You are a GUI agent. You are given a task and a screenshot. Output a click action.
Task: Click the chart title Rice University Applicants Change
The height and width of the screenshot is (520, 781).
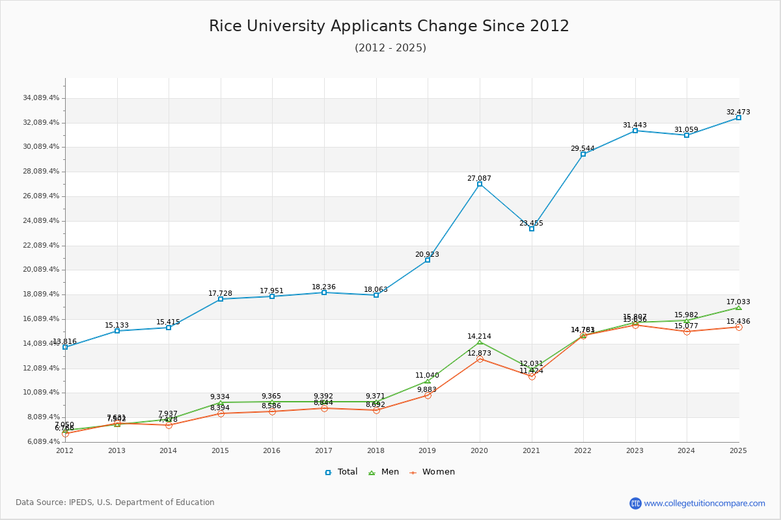[x=389, y=26]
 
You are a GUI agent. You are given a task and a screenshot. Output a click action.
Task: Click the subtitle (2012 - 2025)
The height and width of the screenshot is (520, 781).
[x=390, y=48]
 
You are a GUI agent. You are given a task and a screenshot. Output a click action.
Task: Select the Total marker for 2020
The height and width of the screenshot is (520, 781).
[x=480, y=184]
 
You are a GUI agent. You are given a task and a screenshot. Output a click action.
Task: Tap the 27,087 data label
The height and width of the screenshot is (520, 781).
[x=479, y=178]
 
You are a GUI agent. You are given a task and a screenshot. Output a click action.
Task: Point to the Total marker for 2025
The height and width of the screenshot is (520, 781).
[x=739, y=118]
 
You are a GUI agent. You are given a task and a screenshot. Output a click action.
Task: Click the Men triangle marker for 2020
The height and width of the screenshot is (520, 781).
[x=480, y=343]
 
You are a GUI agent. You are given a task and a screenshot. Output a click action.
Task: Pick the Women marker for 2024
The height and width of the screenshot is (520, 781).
[x=687, y=331]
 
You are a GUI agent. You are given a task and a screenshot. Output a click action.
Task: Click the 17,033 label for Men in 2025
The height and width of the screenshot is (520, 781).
[x=738, y=302]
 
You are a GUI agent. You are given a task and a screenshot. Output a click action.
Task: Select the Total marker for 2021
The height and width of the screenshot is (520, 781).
[x=532, y=229]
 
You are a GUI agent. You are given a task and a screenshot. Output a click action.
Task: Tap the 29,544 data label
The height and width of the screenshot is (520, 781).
[x=582, y=148]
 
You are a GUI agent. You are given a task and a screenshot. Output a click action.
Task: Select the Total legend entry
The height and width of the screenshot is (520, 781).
[x=342, y=472]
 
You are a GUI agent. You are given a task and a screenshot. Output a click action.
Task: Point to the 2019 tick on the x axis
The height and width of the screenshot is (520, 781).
[x=428, y=450]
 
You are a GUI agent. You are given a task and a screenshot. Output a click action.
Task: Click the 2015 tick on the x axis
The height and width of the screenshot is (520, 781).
[x=221, y=450]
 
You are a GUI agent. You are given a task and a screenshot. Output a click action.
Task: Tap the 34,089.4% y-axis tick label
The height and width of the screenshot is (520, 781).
[x=40, y=98]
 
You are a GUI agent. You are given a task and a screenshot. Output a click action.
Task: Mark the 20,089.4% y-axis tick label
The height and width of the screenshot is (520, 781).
[x=40, y=270]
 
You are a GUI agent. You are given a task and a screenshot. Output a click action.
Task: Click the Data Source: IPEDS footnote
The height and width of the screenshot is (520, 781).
[x=115, y=502]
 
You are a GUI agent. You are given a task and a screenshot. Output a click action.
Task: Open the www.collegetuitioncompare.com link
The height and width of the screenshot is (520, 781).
[x=704, y=503]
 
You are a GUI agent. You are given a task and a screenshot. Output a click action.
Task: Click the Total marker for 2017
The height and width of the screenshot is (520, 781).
[x=324, y=292]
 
